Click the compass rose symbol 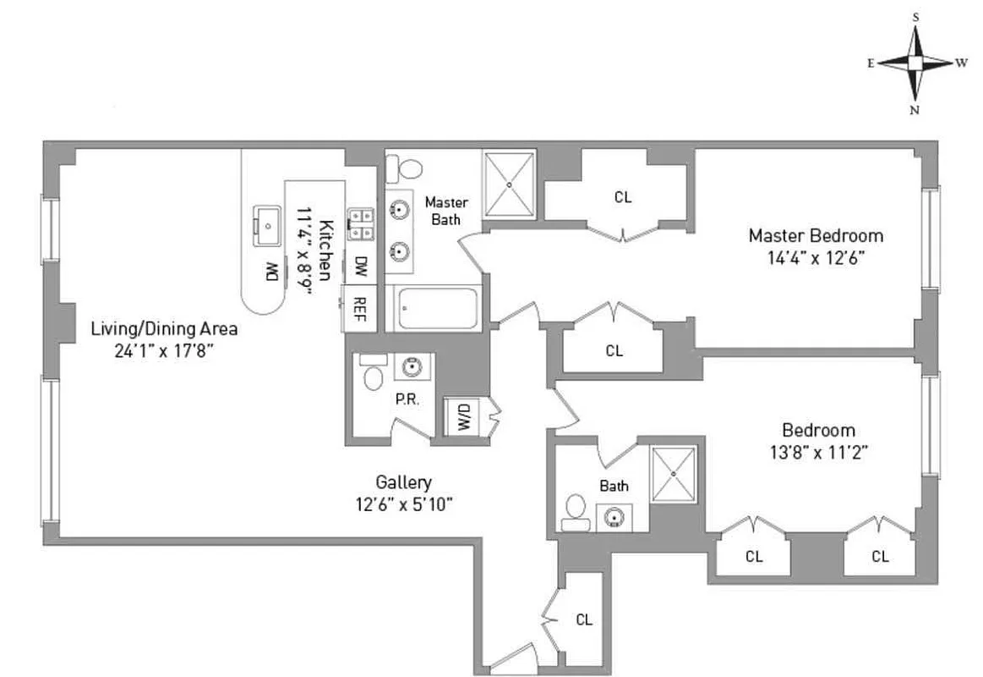(x=916, y=63)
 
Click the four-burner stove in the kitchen (x=363, y=224)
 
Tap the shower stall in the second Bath (x=674, y=474)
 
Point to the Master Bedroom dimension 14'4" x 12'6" (x=816, y=257)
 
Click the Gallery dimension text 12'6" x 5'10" (x=404, y=505)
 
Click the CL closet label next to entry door (x=584, y=619)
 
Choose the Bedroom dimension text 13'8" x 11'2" (x=817, y=452)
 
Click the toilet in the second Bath (x=576, y=511)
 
